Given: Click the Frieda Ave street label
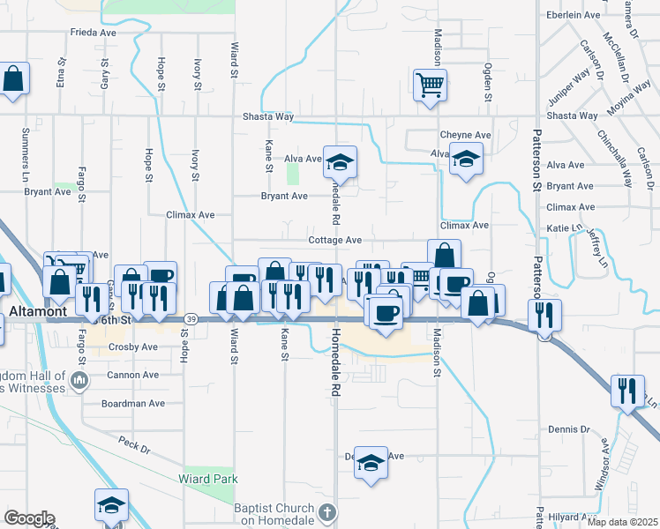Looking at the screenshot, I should tap(94, 33).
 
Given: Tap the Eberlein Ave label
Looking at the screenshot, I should tap(573, 14).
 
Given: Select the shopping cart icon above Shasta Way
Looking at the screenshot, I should tap(430, 86).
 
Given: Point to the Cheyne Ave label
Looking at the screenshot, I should tap(465, 135).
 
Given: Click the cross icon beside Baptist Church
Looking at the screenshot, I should tap(326, 511).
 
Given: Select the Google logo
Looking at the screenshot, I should tap(29, 518).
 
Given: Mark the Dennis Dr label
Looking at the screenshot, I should tap(568, 429).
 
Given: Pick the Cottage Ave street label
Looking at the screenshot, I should tap(335, 240).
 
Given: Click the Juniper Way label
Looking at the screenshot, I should tap(568, 84).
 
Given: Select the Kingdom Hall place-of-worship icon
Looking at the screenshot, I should tap(80, 381).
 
